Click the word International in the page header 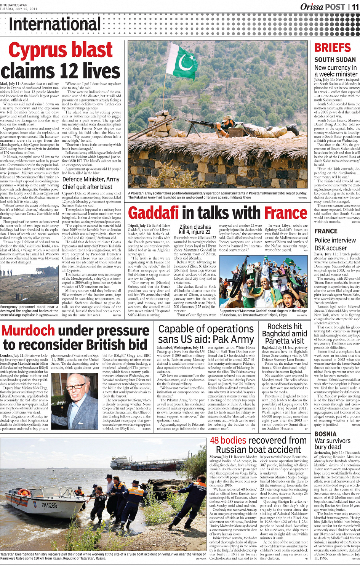(x=55, y=24)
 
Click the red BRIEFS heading (x=333, y=48)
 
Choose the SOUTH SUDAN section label (x=335, y=59)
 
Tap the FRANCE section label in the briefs (x=326, y=231)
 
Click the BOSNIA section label (x=325, y=434)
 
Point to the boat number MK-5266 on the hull (x=50, y=505)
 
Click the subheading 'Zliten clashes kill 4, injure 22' (x=195, y=229)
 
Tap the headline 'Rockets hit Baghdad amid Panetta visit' (x=285, y=334)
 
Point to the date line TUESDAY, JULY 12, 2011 (x=19, y=9)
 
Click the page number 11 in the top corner (x=355, y=6)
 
